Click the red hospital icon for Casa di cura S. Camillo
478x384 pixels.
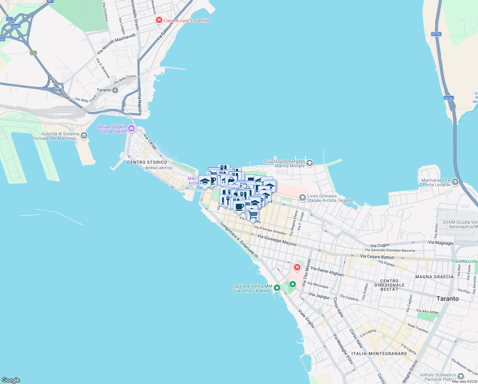tap(159, 20)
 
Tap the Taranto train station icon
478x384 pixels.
tap(115, 90)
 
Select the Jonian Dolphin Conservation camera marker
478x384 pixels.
tap(131, 129)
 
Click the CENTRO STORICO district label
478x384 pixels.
tap(147, 162)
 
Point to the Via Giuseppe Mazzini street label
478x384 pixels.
tap(277, 240)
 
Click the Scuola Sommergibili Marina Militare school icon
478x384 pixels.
tap(309, 164)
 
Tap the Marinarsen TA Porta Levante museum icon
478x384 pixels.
tap(455, 182)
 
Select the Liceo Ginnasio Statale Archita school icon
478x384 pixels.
tap(302, 198)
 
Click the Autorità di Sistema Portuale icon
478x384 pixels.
tap(84, 136)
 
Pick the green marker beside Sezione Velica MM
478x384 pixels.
tap(277, 288)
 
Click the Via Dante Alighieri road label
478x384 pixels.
tap(327, 272)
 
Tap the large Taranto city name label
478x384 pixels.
tap(447, 299)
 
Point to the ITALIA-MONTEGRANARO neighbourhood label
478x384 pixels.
tap(379, 354)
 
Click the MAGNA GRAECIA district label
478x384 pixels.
tap(434, 277)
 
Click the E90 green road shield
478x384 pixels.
tap(34, 53)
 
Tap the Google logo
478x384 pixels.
tap(11, 380)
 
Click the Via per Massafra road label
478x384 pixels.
tap(61, 90)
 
